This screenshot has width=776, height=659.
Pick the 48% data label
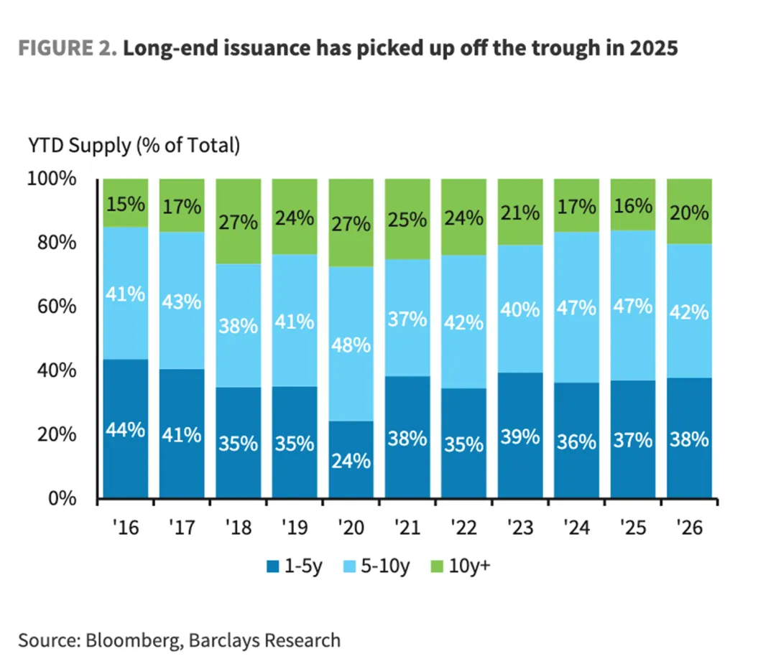pyautogui.click(x=351, y=345)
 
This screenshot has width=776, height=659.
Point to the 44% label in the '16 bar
pyautogui.click(x=126, y=431)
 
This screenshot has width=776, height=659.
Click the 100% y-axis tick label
pyautogui.click(x=52, y=179)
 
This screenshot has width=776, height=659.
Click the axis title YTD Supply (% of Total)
pyautogui.click(x=134, y=146)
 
